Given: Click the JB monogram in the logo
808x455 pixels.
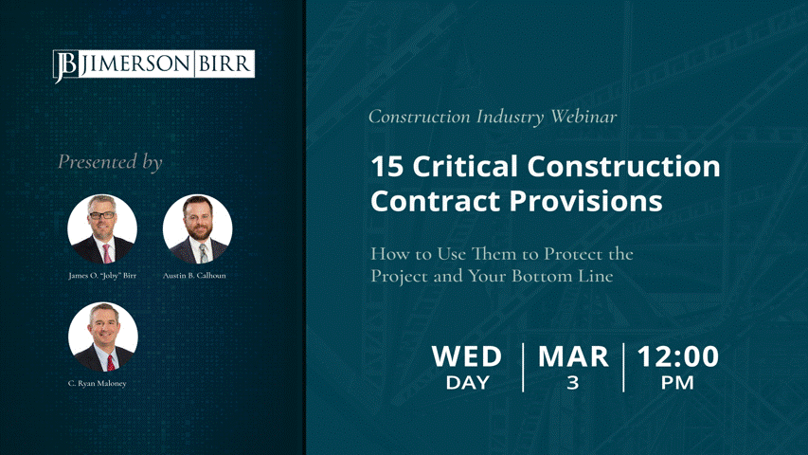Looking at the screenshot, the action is coord(65,65).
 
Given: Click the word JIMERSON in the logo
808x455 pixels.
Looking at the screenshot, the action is coord(136,64).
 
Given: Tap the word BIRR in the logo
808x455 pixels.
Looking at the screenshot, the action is coord(224,64).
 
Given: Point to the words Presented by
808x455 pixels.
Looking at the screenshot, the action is coord(110,162).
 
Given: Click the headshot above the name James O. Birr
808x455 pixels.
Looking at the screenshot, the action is coord(102,229).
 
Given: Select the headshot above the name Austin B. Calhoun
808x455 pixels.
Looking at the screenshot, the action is coord(197,229).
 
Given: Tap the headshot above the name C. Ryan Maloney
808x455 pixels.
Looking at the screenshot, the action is coord(103,337).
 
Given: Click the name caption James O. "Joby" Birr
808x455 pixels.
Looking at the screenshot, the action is coord(102,276).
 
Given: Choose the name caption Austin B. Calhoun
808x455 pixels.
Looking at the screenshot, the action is coord(194,276).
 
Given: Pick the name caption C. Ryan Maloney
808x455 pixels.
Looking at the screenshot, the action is coord(98,383).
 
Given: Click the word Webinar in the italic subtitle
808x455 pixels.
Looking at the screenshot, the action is coord(584,116).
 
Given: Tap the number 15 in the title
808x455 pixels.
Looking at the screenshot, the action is coord(387,167).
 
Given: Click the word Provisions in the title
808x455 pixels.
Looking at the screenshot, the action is coord(586,201).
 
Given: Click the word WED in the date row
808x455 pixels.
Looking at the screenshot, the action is coord(467,356).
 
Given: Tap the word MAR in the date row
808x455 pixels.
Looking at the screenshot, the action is coord(573,356).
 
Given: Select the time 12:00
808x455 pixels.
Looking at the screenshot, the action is coord(677,356).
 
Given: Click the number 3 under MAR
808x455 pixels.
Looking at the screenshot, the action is coord(572,383).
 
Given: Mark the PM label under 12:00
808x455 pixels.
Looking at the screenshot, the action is coord(677,383).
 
